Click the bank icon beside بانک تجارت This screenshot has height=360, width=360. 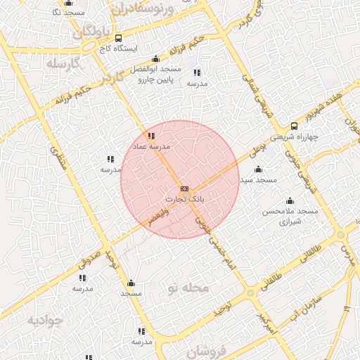point(184,188)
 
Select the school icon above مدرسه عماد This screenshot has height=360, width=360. point(151,136)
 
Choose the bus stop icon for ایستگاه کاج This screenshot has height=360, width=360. point(117,38)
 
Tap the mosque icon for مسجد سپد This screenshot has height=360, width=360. point(258,169)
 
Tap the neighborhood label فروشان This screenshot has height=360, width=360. point(209,352)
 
